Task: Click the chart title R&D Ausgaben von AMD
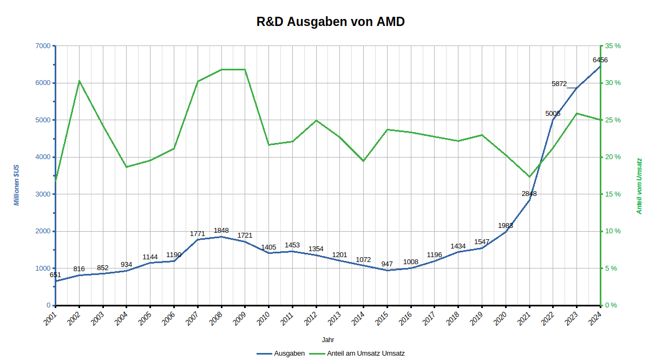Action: click(x=331, y=22)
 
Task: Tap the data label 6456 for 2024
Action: click(x=600, y=60)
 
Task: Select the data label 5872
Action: click(x=559, y=84)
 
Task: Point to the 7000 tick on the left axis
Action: click(x=41, y=46)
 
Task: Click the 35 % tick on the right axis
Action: click(x=613, y=46)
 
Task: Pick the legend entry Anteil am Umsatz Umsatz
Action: click(x=365, y=354)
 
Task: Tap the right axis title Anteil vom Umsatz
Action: click(x=639, y=186)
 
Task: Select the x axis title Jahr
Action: click(x=327, y=340)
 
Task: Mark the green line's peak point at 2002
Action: click(x=79, y=81)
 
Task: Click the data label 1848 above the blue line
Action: click(x=221, y=231)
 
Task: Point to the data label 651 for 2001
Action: click(x=55, y=275)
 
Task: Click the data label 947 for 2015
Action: click(x=387, y=264)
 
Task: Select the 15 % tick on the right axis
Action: click(x=613, y=194)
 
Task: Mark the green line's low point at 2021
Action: click(x=529, y=177)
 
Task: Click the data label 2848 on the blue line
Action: click(x=529, y=194)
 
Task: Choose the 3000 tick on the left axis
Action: click(x=41, y=194)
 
